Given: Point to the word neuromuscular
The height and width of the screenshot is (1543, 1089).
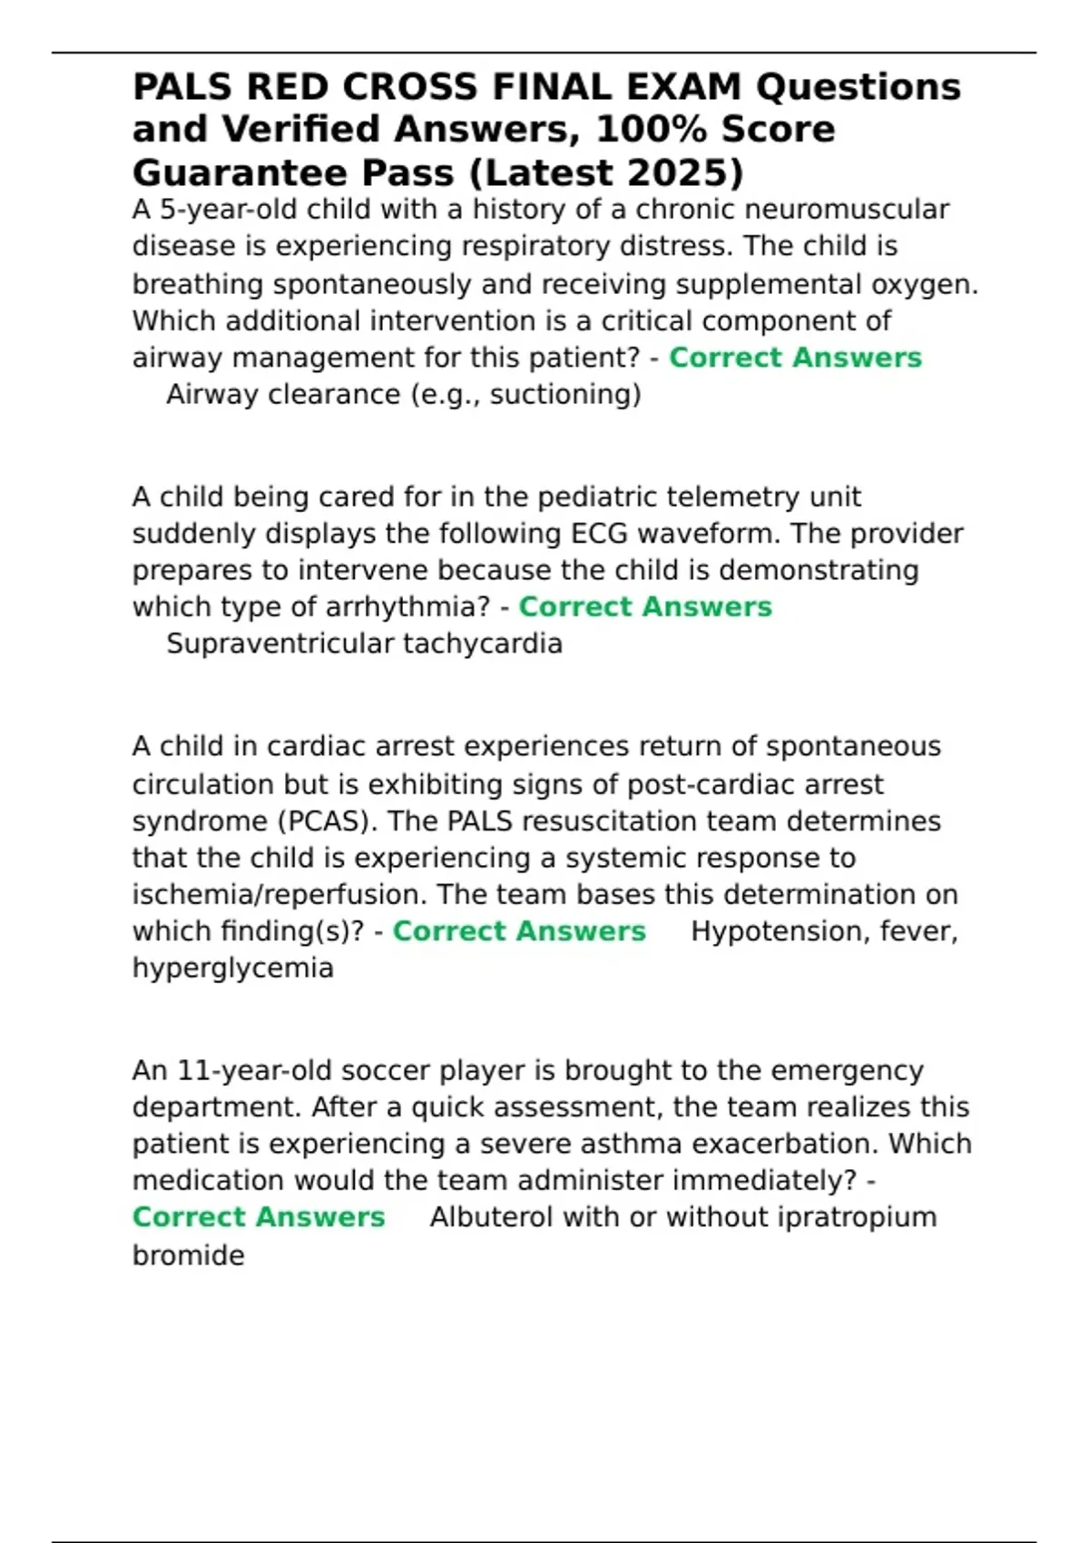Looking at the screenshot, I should [x=847, y=210].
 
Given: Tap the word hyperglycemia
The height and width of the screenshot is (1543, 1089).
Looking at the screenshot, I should [x=233, y=968].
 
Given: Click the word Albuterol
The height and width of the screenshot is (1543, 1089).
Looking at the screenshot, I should [x=491, y=1217].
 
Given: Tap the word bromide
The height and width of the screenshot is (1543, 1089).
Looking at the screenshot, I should [x=189, y=1255].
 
